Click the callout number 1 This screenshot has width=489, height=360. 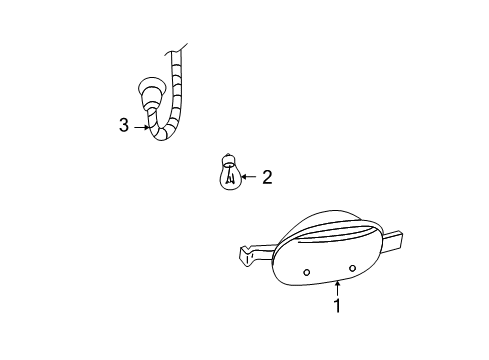click(x=338, y=305)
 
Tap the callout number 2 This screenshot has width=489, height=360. click(x=267, y=177)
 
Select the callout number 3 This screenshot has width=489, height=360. click(x=124, y=125)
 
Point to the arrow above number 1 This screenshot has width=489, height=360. click(x=338, y=288)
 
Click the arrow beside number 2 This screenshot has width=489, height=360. click(x=248, y=177)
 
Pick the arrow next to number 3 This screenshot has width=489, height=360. click(x=142, y=127)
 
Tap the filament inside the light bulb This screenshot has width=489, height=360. click(x=229, y=177)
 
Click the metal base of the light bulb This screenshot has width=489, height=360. click(x=228, y=160)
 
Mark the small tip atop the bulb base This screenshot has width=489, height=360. click(x=228, y=154)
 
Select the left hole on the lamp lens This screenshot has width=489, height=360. click(x=307, y=272)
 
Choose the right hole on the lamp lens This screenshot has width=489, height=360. click(x=352, y=268)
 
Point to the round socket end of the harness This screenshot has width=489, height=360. click(x=151, y=89)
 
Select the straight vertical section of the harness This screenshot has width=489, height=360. click(x=177, y=87)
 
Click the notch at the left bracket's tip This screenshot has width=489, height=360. click(x=246, y=249)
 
